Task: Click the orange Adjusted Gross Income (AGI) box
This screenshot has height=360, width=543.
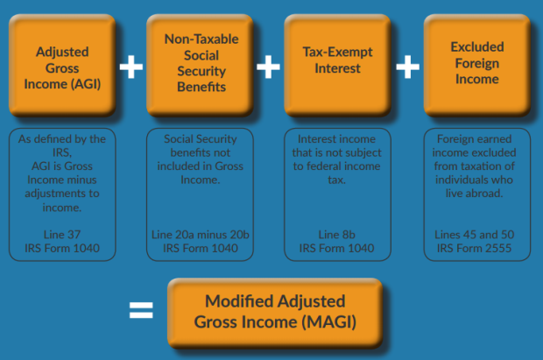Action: tap(62, 65)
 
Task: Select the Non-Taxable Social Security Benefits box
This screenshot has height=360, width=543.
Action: tap(201, 65)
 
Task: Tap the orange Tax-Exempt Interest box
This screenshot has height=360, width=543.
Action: tap(338, 65)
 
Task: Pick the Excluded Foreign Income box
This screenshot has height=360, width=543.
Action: tap(477, 65)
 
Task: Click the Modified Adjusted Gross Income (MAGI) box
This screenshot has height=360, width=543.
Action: tap(275, 313)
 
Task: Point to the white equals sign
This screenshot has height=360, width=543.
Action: tap(141, 310)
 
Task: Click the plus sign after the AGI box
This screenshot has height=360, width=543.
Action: tap(131, 67)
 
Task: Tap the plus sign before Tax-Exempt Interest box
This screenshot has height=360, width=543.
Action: tap(268, 67)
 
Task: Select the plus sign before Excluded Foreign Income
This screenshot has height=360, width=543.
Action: tap(407, 67)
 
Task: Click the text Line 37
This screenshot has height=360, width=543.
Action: tap(62, 235)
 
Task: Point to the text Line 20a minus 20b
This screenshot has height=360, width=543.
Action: tap(201, 235)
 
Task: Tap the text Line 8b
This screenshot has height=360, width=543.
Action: tap(337, 235)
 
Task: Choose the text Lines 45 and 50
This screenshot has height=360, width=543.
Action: tap(475, 235)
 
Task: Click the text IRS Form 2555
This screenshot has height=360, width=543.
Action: tap(474, 248)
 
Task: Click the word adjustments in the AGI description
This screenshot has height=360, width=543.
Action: tap(56, 194)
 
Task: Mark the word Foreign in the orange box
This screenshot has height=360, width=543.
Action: tap(477, 63)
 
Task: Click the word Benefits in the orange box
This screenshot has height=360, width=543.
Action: tap(201, 87)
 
